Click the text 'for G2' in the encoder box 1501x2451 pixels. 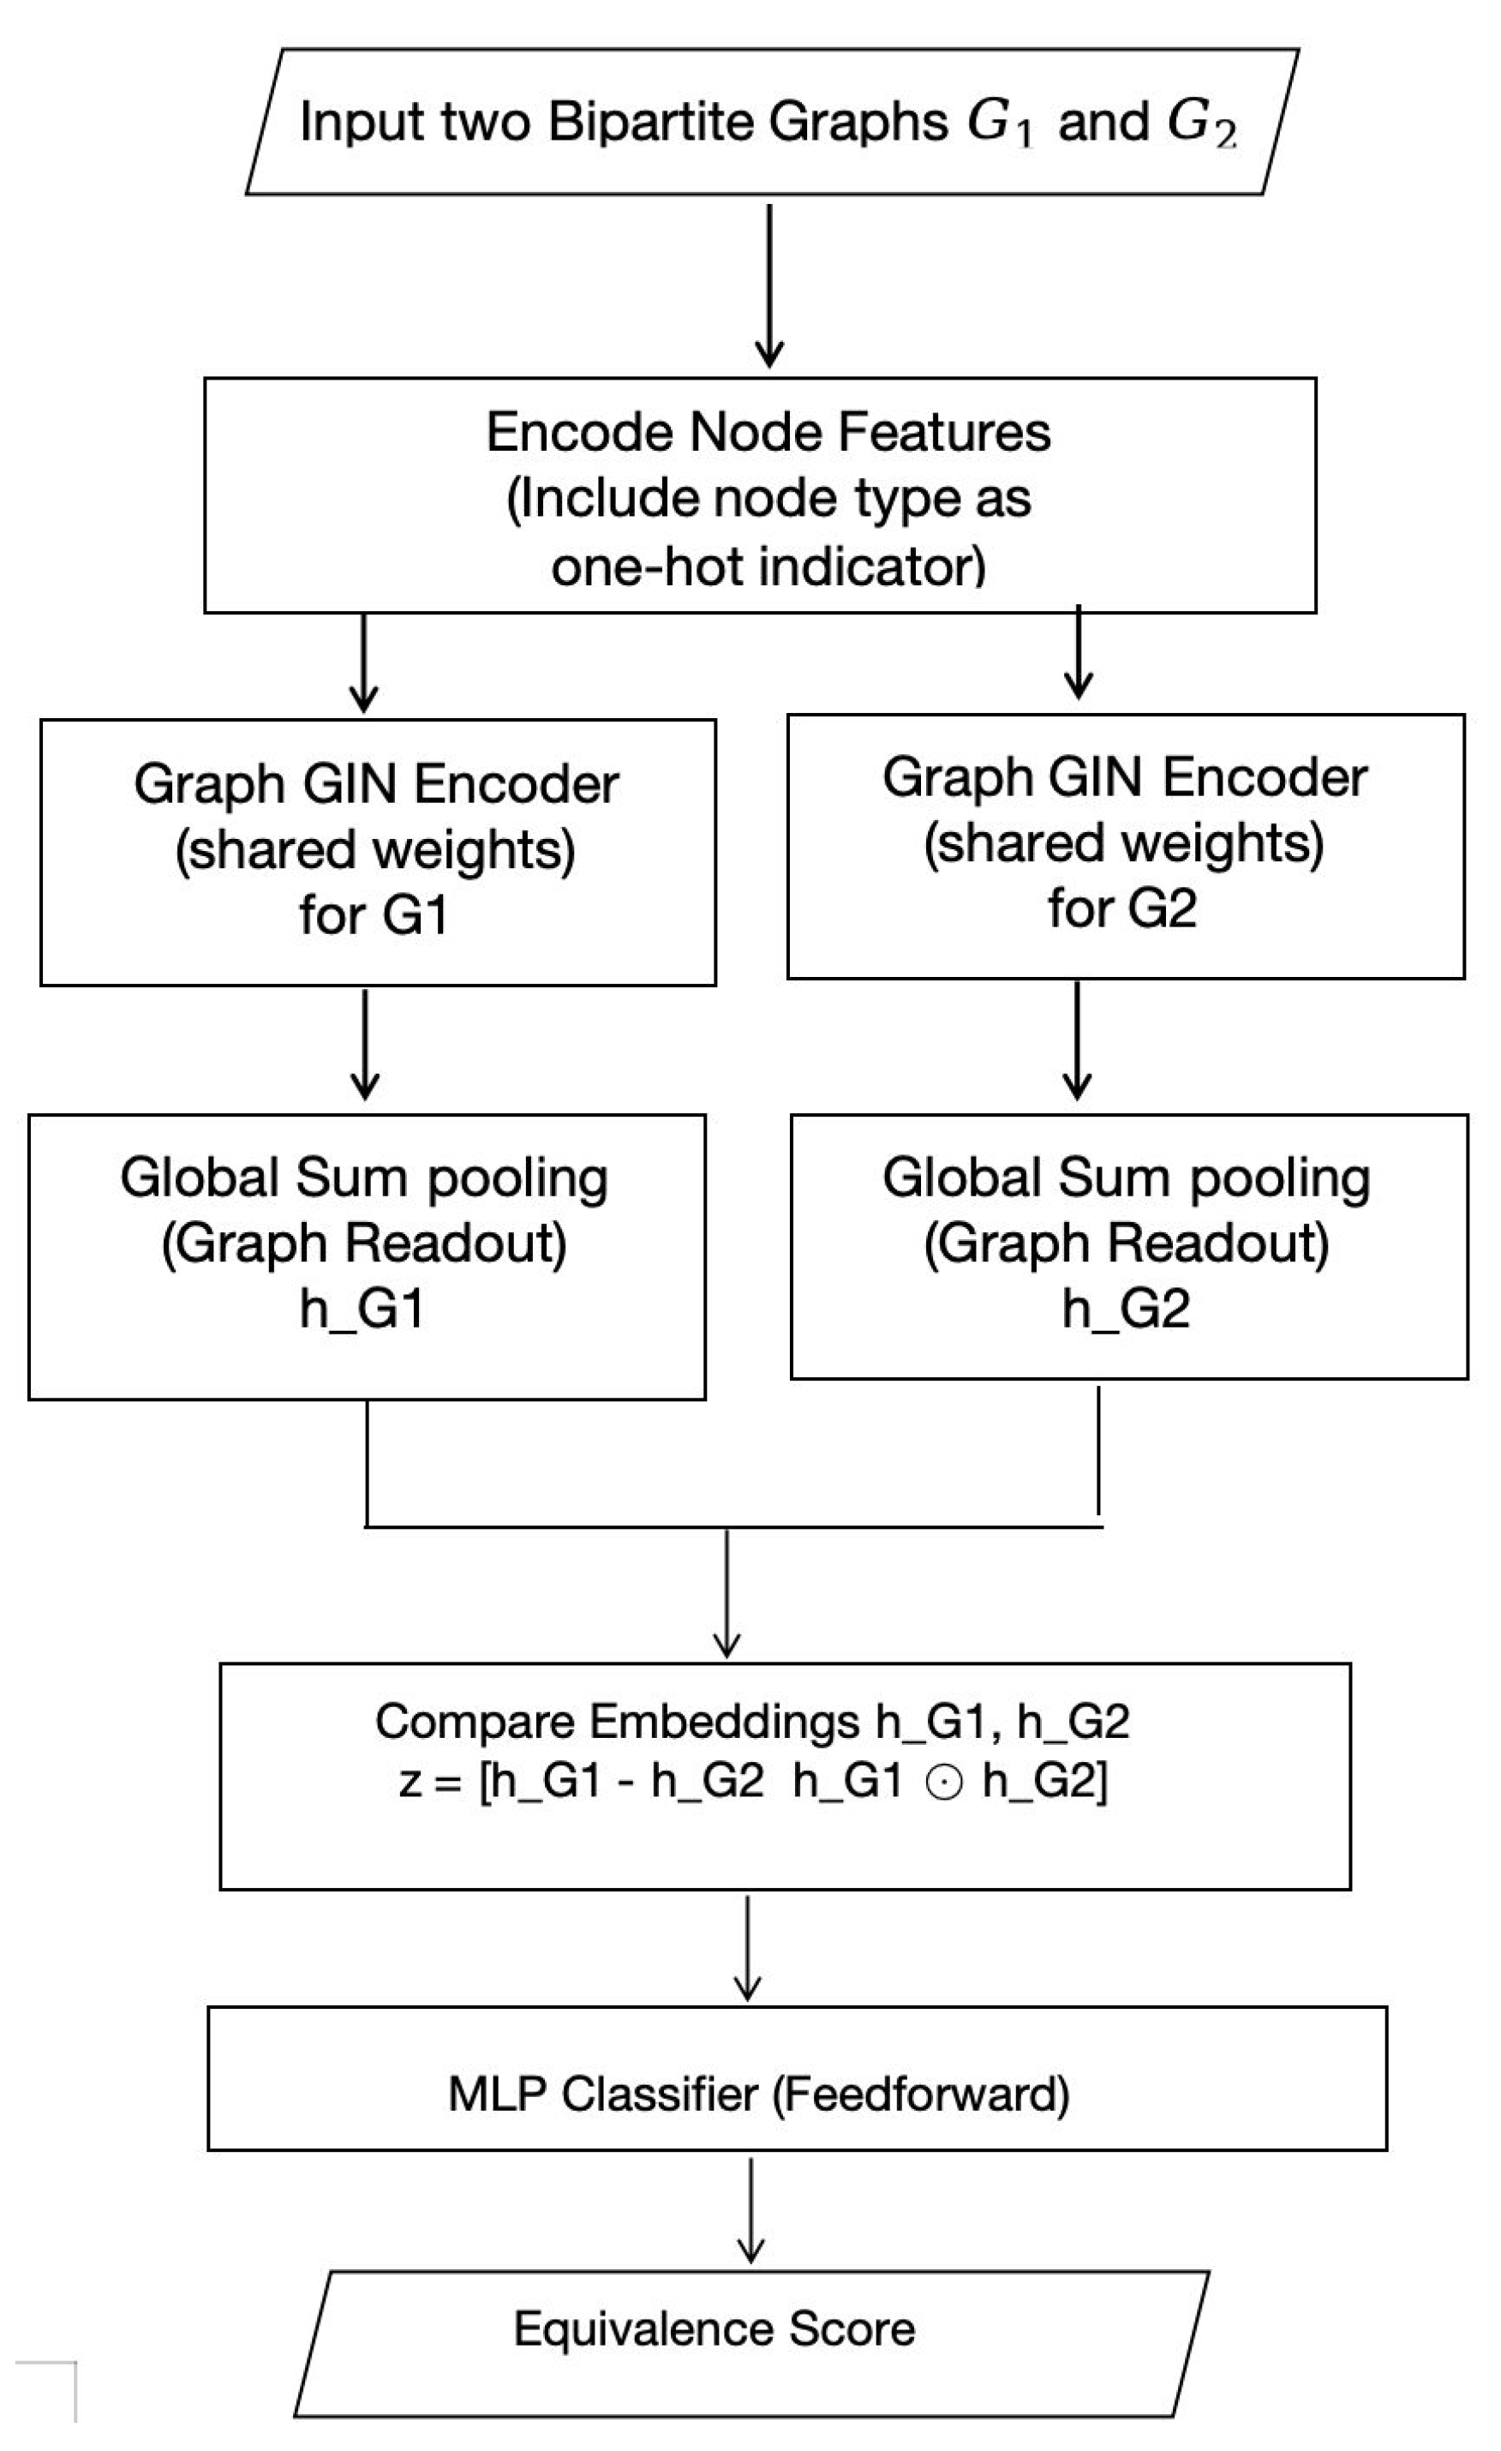coord(1122,908)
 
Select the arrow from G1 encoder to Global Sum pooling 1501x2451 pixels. coord(365,1045)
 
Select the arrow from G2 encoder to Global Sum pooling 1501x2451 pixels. coord(1077,1040)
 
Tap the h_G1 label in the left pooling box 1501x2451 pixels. coord(363,1309)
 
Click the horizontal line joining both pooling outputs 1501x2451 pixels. coord(733,1526)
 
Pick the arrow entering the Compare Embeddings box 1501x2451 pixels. coord(727,1593)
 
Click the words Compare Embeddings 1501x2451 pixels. coord(617,1722)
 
